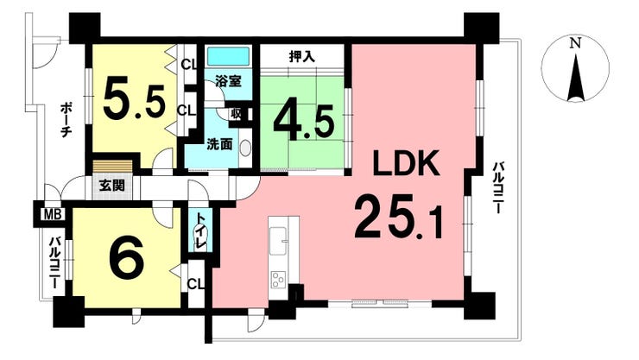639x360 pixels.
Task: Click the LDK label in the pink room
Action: [x=407, y=162]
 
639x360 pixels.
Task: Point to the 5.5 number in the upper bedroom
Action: [x=134, y=100]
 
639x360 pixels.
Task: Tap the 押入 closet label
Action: [x=302, y=57]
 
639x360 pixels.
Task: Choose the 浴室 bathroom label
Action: [x=229, y=81]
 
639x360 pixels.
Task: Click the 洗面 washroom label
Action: [x=219, y=144]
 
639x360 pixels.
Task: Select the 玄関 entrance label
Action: [x=112, y=186]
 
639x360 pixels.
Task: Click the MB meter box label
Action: [x=53, y=215]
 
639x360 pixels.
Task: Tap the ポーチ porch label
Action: [x=66, y=121]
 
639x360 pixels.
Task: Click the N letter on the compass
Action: [x=575, y=43]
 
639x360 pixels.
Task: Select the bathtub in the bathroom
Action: [x=228, y=57]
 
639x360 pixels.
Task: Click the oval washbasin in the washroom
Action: [x=245, y=148]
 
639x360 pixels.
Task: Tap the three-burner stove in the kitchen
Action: [x=278, y=280]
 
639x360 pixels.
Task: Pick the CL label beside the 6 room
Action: [x=196, y=284]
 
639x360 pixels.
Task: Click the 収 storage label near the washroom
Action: [x=236, y=113]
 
